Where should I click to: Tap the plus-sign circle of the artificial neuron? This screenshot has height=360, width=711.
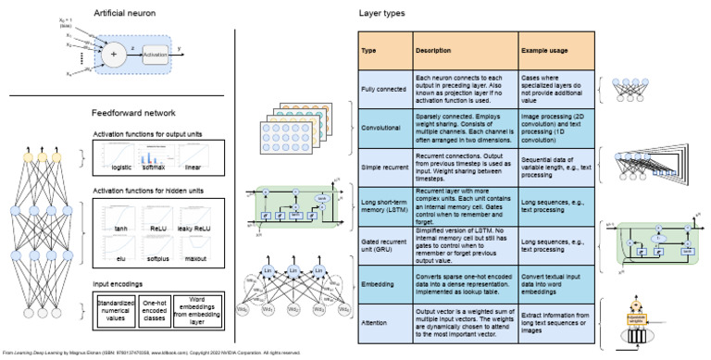tap(114, 55)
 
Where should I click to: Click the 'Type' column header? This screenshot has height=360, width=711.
tap(368, 50)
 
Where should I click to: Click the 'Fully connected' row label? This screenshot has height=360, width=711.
tap(382, 87)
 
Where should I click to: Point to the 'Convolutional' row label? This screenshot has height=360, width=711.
tap(380, 124)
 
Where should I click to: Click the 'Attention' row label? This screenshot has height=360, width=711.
tap(374, 324)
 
